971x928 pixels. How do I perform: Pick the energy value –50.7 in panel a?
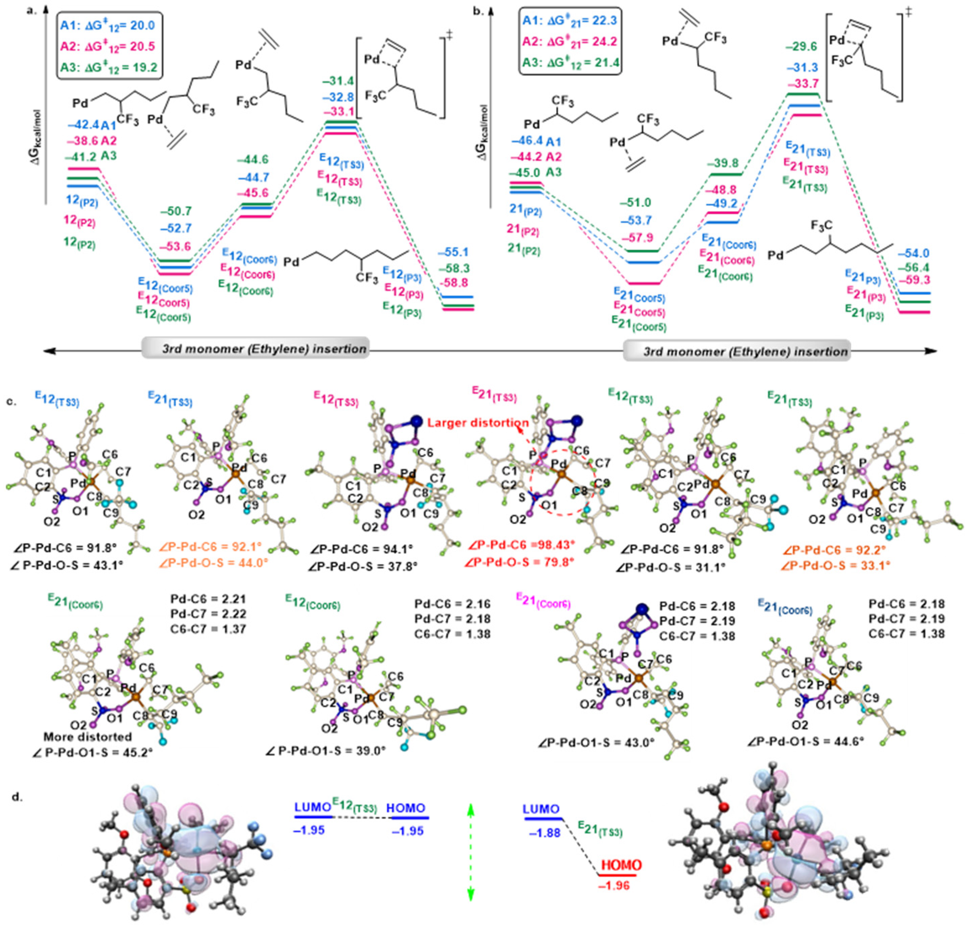176,211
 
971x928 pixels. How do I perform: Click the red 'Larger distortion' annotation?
478,423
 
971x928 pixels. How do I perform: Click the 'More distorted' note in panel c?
87,737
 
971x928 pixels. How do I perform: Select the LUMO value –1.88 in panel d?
545,833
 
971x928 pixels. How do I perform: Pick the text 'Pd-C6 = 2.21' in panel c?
208,599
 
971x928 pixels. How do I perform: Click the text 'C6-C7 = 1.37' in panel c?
208,629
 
